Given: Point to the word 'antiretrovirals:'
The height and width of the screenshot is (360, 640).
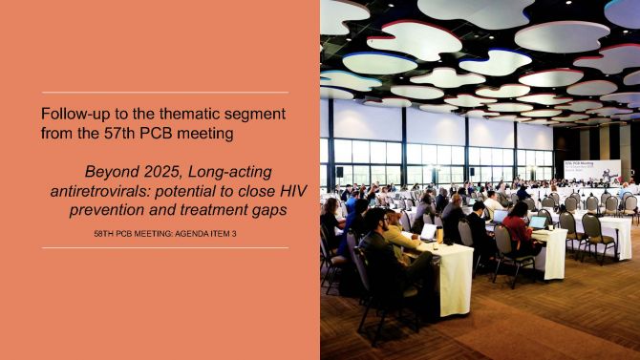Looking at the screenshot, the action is [x=100, y=191].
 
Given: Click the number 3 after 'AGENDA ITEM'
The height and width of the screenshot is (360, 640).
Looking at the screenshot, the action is [x=234, y=234].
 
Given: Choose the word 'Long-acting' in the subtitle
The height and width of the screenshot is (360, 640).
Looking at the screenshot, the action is [x=230, y=172].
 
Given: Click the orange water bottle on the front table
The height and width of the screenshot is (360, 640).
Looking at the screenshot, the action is [x=439, y=235].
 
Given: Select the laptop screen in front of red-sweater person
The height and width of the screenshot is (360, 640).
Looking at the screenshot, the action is [x=538, y=222].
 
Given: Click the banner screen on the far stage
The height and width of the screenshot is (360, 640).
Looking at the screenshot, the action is [x=592, y=170].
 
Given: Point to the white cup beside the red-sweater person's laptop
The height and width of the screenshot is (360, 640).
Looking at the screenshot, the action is [x=550, y=227].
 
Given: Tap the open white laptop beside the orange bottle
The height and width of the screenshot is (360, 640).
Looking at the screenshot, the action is [x=429, y=232].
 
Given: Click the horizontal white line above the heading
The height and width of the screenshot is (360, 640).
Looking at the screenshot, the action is [x=165, y=93].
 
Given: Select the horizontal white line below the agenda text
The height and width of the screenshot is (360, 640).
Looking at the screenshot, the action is [x=165, y=247].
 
